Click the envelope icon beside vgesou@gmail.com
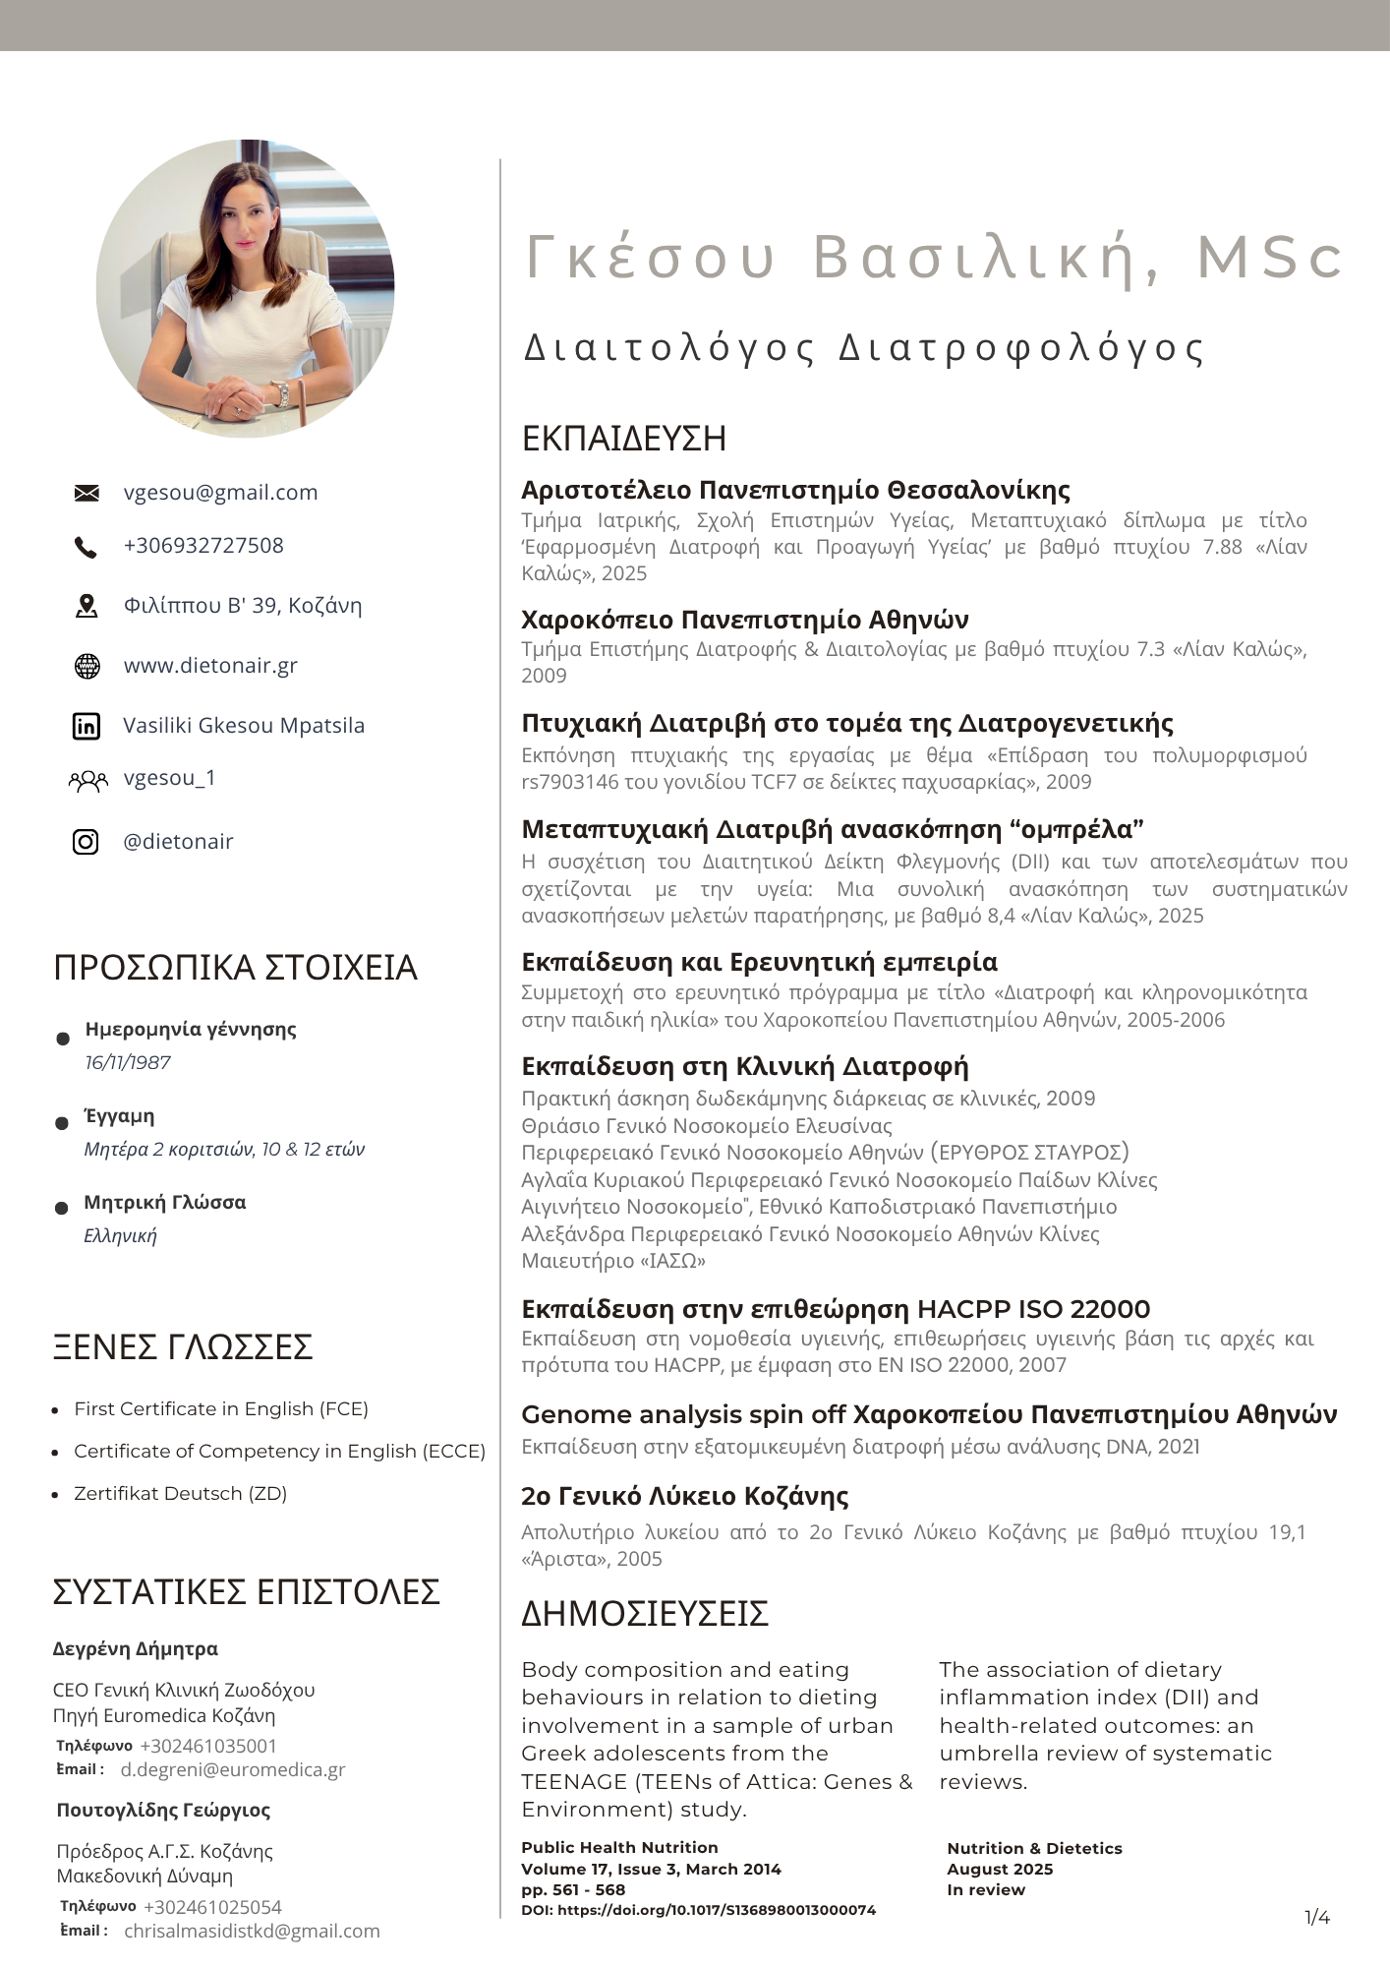[87, 493]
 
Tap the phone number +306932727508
[203, 546]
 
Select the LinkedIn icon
[87, 726]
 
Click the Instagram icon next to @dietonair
[87, 842]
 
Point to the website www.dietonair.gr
[210, 666]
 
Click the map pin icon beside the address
[87, 606]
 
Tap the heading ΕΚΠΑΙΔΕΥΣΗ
[624, 439]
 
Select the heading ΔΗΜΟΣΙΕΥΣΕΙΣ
[645, 1614]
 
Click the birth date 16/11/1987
[128, 1062]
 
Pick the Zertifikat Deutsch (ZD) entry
[181, 1493]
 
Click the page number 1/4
[1317, 1917]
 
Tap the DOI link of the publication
[698, 1910]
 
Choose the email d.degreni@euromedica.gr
[233, 1769]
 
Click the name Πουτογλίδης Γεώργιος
[163, 1810]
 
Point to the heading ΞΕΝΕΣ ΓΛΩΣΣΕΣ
[183, 1346]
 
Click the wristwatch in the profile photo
[283, 394]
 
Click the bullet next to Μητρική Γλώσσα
[62, 1208]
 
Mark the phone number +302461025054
[212, 1907]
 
